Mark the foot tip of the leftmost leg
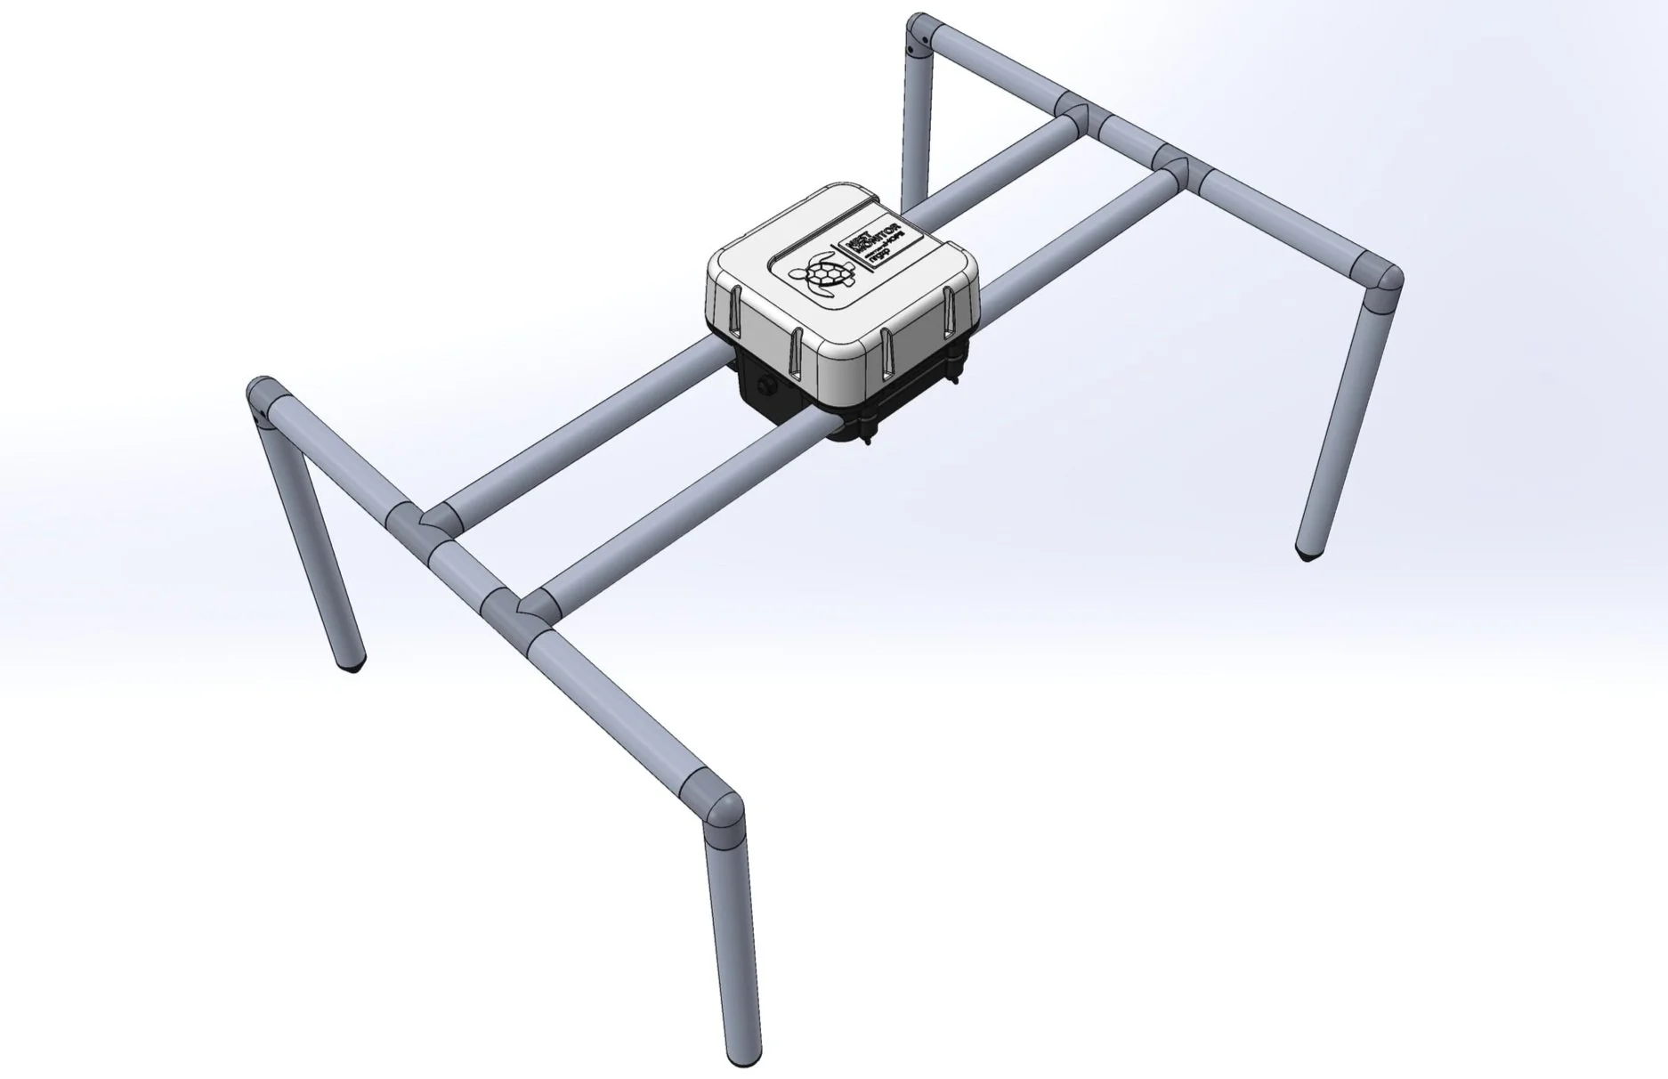pyautogui.click(x=354, y=663)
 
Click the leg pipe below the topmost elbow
pyautogui.click(x=914, y=125)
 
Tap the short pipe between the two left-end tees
pyautogui.click(x=458, y=563)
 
